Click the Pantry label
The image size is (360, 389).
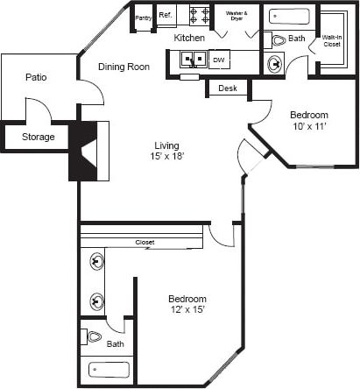click(x=144, y=18)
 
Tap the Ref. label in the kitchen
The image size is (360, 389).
click(x=166, y=15)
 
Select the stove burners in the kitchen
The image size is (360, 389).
click(x=199, y=15)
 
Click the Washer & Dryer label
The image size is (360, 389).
click(x=236, y=15)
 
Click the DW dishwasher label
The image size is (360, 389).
click(x=218, y=60)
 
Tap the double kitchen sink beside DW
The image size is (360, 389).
click(x=193, y=60)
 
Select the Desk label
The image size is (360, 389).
click(x=228, y=88)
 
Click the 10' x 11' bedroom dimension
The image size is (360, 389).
click(x=308, y=128)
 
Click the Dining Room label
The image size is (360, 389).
click(x=122, y=65)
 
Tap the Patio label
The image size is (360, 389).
click(x=36, y=78)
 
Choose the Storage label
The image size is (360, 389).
click(x=38, y=138)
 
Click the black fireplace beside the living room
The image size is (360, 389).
click(x=81, y=151)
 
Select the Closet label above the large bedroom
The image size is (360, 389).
click(x=145, y=243)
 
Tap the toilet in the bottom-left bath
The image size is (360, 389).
click(x=95, y=336)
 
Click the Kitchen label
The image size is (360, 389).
click(x=189, y=39)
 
